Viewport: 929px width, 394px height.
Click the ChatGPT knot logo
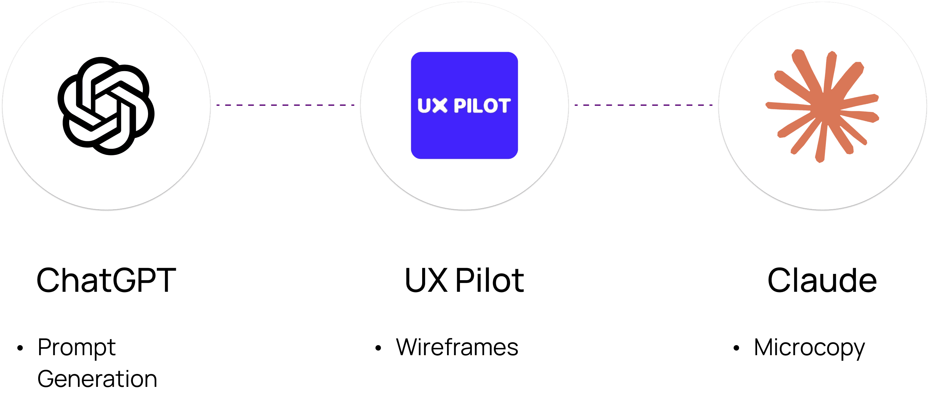pos(106,106)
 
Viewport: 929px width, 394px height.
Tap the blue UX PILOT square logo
pos(464,105)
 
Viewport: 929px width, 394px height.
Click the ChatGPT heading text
pos(106,280)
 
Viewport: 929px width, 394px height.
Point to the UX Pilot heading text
pos(464,280)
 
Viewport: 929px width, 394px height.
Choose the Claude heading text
pos(822,280)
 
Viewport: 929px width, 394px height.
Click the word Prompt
pos(77,347)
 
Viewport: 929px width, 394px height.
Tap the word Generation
pos(97,379)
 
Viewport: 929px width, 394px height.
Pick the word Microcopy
pos(809,348)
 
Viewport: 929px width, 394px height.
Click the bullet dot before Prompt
pos(20,348)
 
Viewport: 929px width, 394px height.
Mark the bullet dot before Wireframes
pos(378,348)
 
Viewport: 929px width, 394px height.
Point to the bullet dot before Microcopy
pos(736,348)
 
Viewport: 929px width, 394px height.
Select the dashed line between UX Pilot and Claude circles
pos(643,105)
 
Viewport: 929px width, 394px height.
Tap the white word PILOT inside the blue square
pos(482,106)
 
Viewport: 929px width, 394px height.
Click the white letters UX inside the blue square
pos(432,106)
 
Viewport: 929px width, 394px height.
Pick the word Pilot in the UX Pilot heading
pos(489,280)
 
